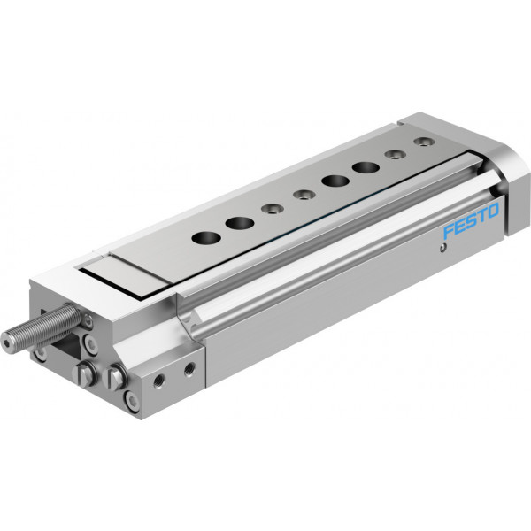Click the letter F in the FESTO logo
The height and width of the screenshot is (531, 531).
click(450, 232)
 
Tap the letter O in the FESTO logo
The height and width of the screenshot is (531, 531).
click(493, 211)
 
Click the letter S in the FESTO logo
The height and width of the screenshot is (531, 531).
click(471, 221)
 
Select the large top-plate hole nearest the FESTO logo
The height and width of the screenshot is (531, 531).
click(366, 167)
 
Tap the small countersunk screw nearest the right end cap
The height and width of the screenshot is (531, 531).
click(423, 141)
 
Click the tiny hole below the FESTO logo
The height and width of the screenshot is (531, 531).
click(441, 249)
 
